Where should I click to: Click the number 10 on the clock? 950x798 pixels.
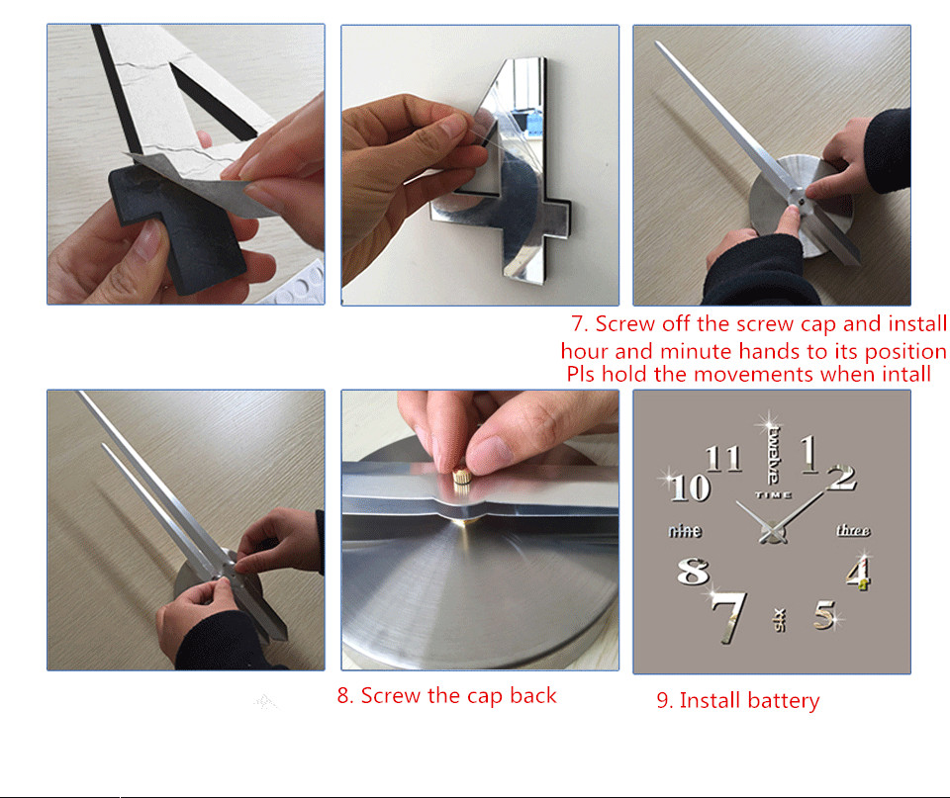pyautogui.click(x=691, y=488)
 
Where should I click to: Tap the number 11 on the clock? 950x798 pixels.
pyautogui.click(x=723, y=459)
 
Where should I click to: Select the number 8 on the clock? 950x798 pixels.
pyautogui.click(x=693, y=572)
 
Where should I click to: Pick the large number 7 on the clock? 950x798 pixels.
pyautogui.click(x=729, y=617)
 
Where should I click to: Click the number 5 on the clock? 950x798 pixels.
pyautogui.click(x=825, y=614)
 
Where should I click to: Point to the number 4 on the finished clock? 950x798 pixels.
pyautogui.click(x=859, y=574)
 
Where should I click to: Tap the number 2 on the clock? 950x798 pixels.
pyautogui.click(x=842, y=477)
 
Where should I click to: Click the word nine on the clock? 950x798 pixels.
pyautogui.click(x=685, y=531)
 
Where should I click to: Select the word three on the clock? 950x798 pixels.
pyautogui.click(x=853, y=530)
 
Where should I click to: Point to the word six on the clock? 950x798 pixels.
pyautogui.click(x=780, y=620)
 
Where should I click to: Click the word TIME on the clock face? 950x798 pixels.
pyautogui.click(x=773, y=495)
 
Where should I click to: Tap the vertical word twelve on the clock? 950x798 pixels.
pyautogui.click(x=774, y=455)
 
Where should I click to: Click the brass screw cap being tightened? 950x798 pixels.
pyautogui.click(x=462, y=476)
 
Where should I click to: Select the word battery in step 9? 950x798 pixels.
pyautogui.click(x=784, y=700)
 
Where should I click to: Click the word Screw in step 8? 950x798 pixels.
pyautogui.click(x=391, y=696)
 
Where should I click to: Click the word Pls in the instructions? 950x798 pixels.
pyautogui.click(x=581, y=374)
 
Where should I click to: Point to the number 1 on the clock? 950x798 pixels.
pyautogui.click(x=809, y=454)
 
